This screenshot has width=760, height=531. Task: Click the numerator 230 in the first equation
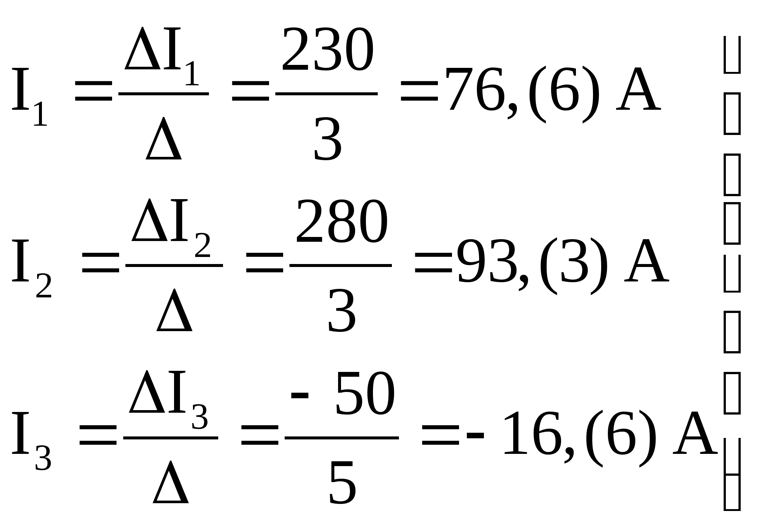[327, 50]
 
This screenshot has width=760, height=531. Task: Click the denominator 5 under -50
[342, 483]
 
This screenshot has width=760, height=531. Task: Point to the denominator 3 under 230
[327, 139]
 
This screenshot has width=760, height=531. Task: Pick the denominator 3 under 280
[342, 311]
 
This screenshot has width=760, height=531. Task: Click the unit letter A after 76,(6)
[638, 91]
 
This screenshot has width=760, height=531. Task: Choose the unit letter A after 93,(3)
[646, 263]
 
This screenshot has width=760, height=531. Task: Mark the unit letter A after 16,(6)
[695, 435]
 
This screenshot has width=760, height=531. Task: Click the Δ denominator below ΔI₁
[164, 139]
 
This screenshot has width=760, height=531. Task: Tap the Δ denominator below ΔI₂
[174, 311]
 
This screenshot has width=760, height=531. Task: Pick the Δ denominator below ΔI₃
[171, 483]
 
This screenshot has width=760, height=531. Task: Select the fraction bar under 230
[327, 94]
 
